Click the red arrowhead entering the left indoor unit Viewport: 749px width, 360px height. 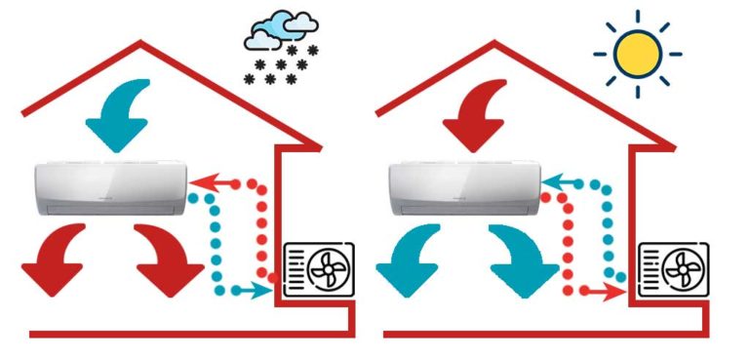pyautogui.click(x=198, y=181)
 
